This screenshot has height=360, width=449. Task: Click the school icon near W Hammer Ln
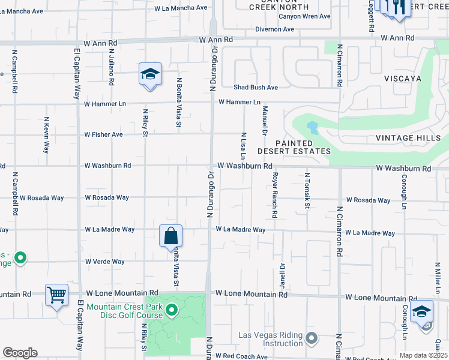click(x=150, y=74)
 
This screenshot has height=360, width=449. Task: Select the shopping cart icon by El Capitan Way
click(x=56, y=295)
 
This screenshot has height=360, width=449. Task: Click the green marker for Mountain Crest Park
click(x=172, y=310)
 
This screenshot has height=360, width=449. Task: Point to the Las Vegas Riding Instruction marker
click(x=311, y=339)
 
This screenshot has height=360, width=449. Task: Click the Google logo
click(x=20, y=353)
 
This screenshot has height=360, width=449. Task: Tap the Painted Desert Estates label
click(x=303, y=148)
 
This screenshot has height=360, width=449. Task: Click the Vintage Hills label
click(x=411, y=138)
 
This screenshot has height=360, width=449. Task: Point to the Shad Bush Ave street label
click(x=256, y=88)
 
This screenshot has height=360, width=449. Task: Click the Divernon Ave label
click(x=274, y=29)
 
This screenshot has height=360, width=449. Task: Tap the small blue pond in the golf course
click(x=312, y=128)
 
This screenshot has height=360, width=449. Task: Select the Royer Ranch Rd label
click(x=274, y=195)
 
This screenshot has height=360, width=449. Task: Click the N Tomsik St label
click(x=307, y=191)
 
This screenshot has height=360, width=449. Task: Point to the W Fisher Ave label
click(x=103, y=134)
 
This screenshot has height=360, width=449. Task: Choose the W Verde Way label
click(x=104, y=262)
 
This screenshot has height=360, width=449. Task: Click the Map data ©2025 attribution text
click(x=423, y=355)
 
